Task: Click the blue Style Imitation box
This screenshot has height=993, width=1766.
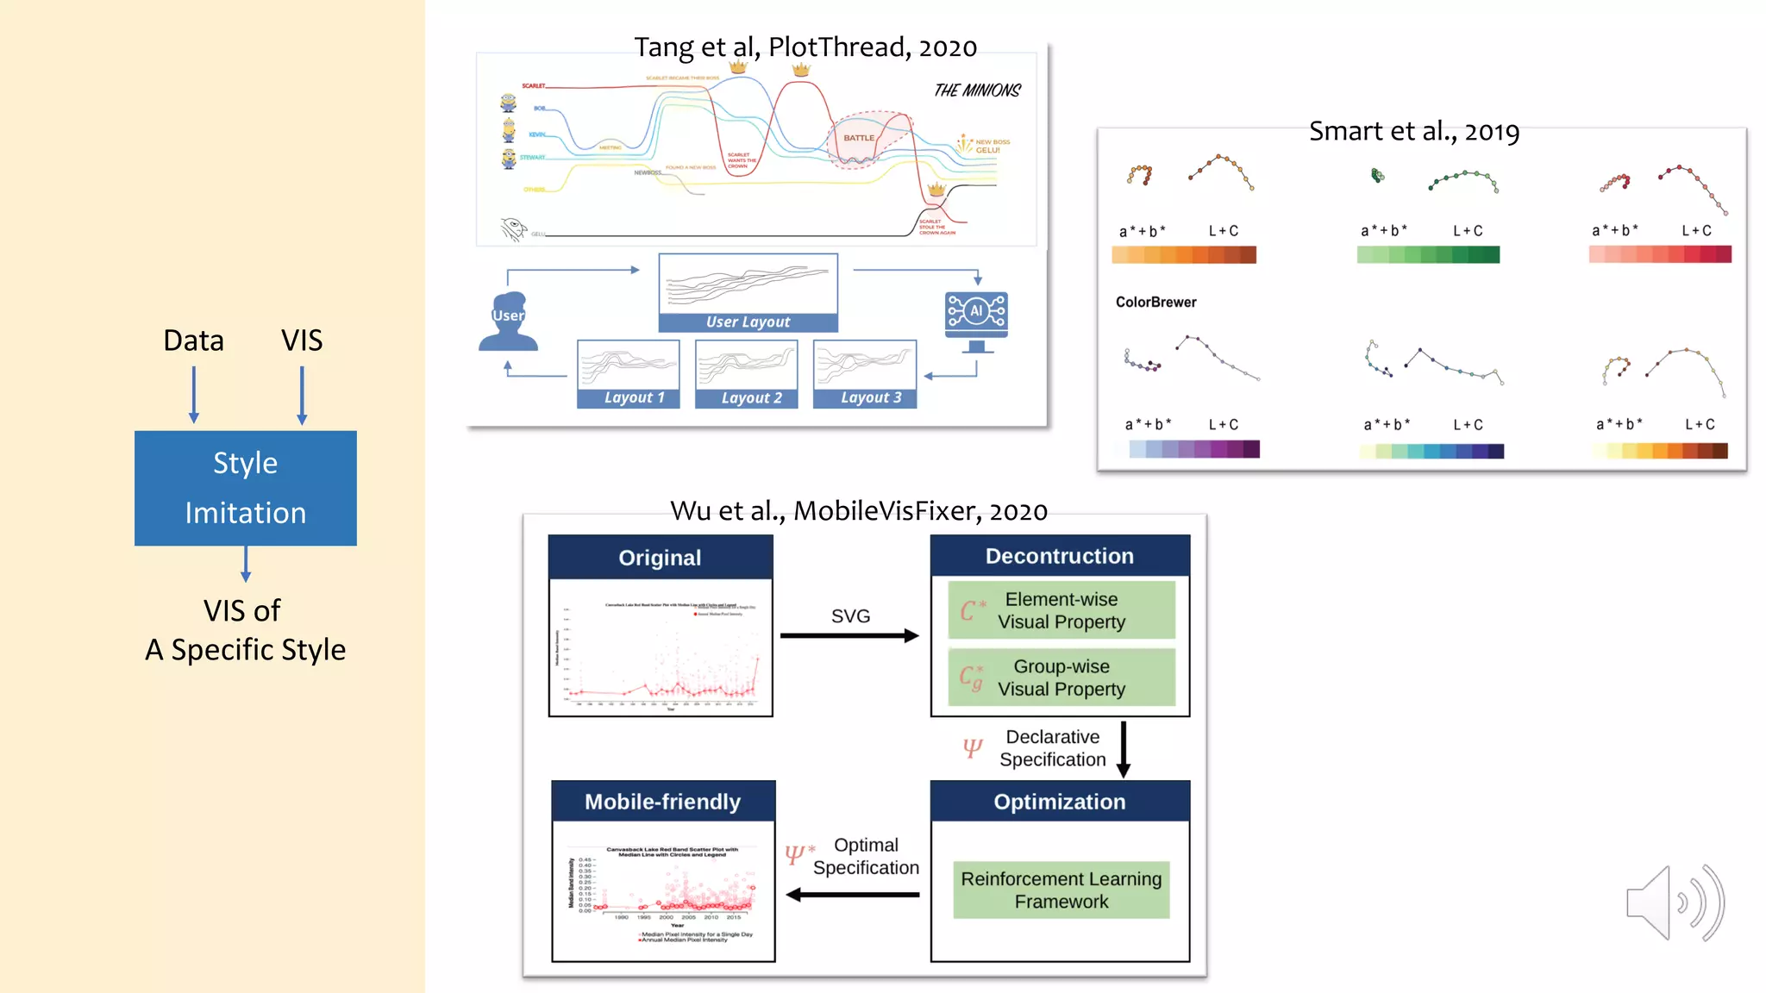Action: (x=246, y=488)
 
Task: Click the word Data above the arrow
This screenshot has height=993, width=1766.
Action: (x=193, y=340)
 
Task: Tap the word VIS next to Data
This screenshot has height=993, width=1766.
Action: (x=302, y=340)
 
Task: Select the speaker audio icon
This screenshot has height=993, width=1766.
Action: (x=1674, y=902)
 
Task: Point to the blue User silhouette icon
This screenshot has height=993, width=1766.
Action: (x=508, y=322)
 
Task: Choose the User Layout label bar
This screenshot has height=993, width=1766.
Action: (x=748, y=322)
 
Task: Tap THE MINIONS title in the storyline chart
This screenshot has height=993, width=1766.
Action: (x=977, y=91)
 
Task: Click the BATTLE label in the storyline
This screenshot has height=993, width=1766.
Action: (x=859, y=138)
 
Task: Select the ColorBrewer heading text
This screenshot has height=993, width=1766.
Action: (x=1155, y=303)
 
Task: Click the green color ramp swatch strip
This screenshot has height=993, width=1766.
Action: (x=1428, y=254)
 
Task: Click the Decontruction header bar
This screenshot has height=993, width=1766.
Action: (x=1060, y=556)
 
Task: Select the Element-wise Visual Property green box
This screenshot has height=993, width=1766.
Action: (x=1061, y=610)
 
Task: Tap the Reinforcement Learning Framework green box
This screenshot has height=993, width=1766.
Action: (x=1061, y=890)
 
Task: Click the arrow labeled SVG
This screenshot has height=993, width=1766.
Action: (x=849, y=636)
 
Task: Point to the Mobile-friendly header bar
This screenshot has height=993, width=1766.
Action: (x=662, y=802)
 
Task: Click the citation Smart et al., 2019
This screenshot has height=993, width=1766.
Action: (x=1413, y=132)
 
